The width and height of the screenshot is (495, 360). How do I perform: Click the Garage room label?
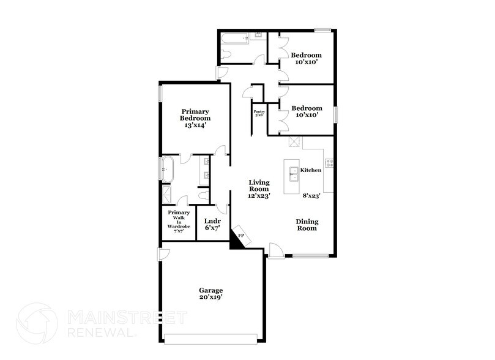click(x=211, y=293)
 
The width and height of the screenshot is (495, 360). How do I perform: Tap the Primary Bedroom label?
click(x=195, y=118)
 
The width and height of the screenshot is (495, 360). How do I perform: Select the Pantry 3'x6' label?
click(x=259, y=113)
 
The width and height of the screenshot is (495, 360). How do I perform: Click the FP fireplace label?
click(x=241, y=236)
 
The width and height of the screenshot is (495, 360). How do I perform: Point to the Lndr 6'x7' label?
click(x=212, y=224)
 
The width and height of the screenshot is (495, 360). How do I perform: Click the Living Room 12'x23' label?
click(x=259, y=189)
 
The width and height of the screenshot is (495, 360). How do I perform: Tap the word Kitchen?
click(x=311, y=170)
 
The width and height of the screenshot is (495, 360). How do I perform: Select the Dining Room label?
click(x=307, y=225)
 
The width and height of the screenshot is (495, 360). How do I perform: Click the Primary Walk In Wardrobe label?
click(x=179, y=222)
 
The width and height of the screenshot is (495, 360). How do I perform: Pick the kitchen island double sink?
click(x=294, y=174)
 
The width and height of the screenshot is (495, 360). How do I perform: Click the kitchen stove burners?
click(x=329, y=163)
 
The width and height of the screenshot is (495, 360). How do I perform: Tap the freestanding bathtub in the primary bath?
click(x=167, y=170)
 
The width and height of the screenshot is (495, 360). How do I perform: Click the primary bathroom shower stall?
click(x=166, y=195)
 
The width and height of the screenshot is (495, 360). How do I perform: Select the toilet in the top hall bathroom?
click(x=225, y=55)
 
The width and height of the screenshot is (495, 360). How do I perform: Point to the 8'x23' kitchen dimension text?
click(x=312, y=195)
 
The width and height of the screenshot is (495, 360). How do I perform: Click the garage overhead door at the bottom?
click(x=211, y=339)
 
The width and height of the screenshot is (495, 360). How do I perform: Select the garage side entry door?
click(x=163, y=254)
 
